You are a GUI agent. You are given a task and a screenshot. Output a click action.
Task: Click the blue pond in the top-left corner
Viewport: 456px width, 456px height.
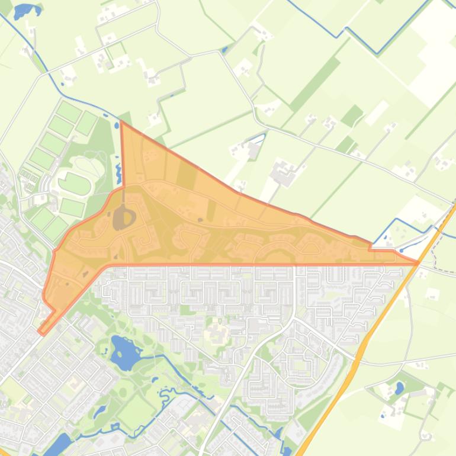pos(25,10)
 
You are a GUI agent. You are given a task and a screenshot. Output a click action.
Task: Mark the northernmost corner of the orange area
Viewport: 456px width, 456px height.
pos(121,123)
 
